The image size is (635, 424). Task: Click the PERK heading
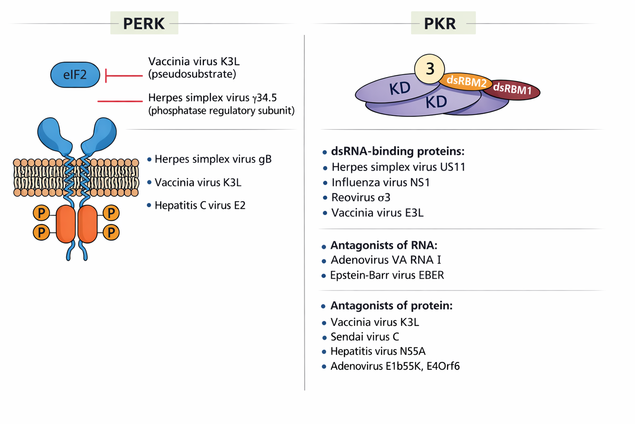click(x=144, y=23)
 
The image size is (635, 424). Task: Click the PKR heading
click(x=440, y=23)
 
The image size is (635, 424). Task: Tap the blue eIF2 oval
click(x=75, y=75)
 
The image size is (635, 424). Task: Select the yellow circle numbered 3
click(x=430, y=69)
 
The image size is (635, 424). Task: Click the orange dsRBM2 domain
click(x=466, y=82)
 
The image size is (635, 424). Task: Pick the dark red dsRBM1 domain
click(x=513, y=89)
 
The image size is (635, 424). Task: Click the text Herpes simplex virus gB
click(x=212, y=159)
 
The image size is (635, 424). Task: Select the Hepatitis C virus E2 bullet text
click(x=200, y=205)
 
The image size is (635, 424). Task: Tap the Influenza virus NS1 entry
click(x=380, y=183)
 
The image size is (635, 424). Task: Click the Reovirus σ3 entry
click(x=360, y=198)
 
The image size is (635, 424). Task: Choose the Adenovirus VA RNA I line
click(x=385, y=260)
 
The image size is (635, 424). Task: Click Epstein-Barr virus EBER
click(x=387, y=275)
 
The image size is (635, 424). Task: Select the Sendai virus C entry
click(x=365, y=337)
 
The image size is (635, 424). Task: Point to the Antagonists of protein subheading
click(x=391, y=306)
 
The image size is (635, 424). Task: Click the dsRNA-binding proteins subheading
click(x=397, y=152)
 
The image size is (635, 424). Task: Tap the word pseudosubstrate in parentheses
click(x=192, y=74)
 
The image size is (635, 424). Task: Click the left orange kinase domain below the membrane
click(x=66, y=224)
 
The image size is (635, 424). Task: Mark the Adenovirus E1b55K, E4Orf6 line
click(x=395, y=366)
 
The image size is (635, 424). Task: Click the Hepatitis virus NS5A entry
click(x=377, y=352)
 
